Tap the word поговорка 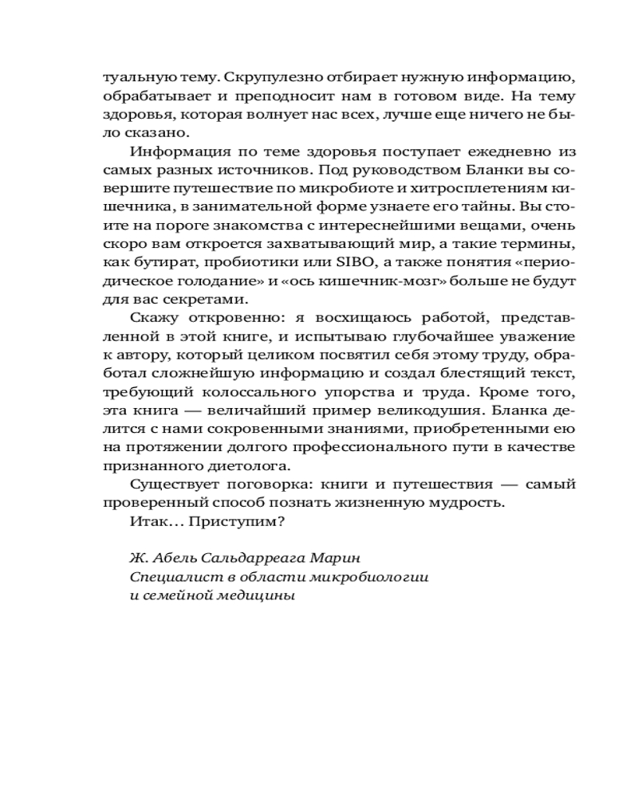coord(265,485)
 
